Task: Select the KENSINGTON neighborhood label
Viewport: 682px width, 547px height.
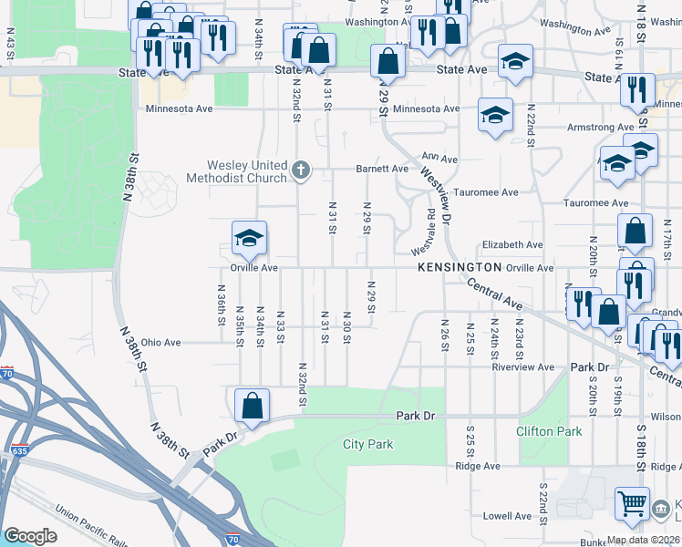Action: pos(460,267)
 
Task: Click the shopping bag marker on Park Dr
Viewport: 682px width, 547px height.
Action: pos(252,407)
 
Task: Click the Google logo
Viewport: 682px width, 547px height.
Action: pos(30,536)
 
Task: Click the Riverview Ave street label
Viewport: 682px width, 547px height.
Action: pos(522,367)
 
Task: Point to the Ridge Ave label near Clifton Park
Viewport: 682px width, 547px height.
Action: pos(479,466)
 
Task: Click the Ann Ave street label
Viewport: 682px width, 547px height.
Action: pos(439,159)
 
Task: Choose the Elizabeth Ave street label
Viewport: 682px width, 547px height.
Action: pos(512,245)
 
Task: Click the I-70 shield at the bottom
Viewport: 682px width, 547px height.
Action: pos(233,539)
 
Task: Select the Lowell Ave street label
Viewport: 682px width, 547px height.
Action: pos(506,516)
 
